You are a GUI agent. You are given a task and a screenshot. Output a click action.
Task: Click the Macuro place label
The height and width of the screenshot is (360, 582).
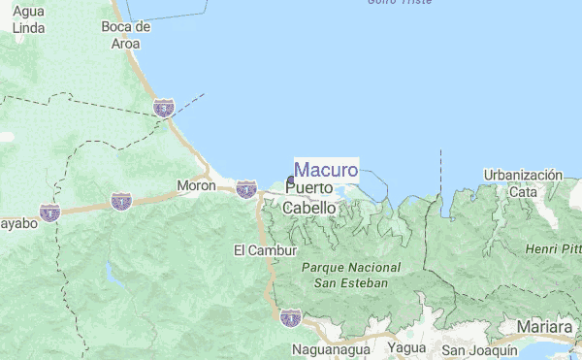(326, 170)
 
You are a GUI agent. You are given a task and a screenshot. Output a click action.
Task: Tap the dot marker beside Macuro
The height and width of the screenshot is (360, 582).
(291, 180)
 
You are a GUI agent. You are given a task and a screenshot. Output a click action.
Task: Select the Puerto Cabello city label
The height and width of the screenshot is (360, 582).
(309, 197)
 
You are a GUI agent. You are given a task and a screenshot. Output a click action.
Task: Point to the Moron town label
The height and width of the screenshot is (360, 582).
(196, 185)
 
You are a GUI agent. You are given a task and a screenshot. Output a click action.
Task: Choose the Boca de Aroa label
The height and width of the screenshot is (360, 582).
(126, 35)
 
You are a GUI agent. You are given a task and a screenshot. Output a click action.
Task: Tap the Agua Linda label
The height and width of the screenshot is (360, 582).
(29, 21)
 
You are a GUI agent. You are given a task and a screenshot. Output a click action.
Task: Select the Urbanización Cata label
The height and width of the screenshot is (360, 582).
(523, 183)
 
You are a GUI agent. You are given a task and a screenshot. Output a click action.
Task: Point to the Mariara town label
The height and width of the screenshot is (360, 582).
(545, 326)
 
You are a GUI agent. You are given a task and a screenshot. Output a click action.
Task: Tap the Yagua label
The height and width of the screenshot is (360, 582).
(406, 347)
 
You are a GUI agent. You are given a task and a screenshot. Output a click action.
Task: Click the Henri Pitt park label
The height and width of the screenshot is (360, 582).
(553, 249)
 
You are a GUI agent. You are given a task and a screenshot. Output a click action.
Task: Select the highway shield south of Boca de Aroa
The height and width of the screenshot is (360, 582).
(164, 105)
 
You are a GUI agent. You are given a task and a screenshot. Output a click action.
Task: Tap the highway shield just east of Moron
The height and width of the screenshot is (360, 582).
(246, 188)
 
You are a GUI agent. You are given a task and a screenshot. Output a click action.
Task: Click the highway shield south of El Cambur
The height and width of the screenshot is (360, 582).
(290, 316)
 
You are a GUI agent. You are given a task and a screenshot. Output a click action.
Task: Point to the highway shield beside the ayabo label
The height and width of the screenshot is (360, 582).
(49, 211)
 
